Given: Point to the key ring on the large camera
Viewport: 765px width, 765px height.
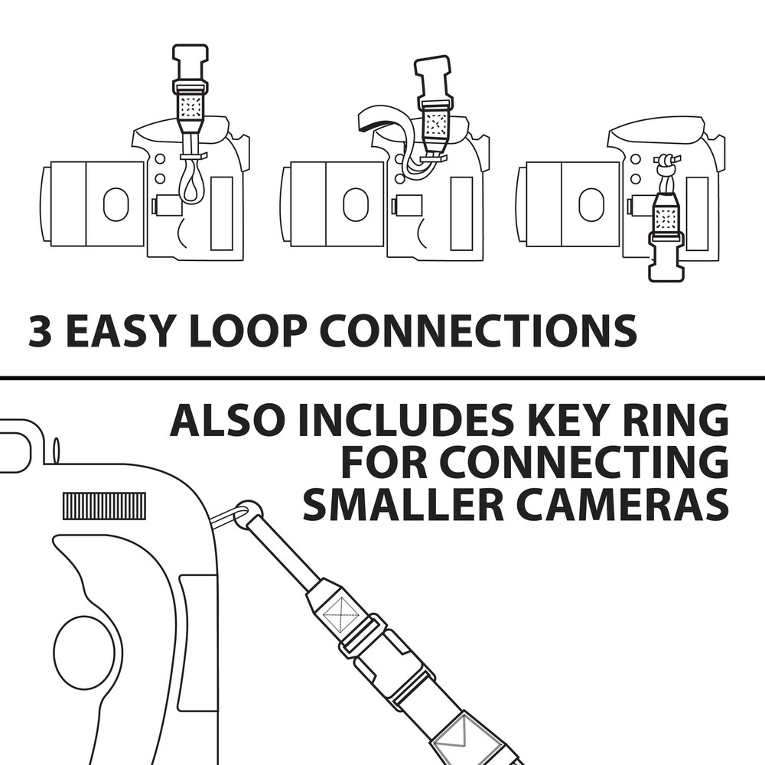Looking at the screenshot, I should tap(232, 516).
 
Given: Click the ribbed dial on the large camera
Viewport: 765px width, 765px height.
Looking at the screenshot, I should tap(104, 506).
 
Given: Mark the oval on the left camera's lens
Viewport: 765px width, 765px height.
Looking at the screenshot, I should tap(116, 204).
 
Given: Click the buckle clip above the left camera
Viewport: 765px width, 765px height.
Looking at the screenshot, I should tap(190, 69).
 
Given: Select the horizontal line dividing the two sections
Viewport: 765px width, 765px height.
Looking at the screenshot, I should tap(382, 378).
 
